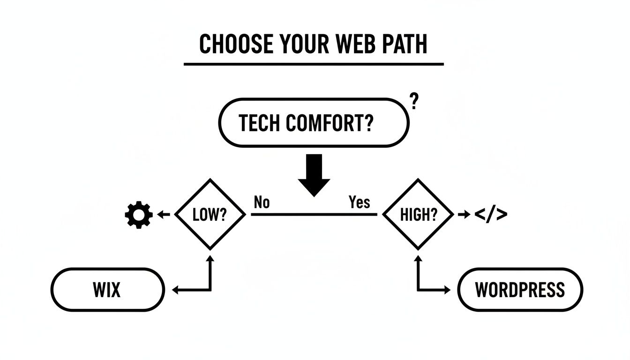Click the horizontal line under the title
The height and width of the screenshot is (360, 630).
tap(313, 64)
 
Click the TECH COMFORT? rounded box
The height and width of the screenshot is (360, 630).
tap(313, 123)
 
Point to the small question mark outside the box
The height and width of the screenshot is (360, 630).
tap(413, 101)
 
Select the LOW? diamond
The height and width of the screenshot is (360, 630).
tap(210, 215)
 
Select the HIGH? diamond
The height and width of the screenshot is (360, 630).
tap(418, 215)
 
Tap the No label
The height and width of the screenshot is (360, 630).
tap(262, 202)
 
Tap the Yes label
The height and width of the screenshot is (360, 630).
tap(360, 202)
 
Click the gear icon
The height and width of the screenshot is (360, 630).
tap(139, 215)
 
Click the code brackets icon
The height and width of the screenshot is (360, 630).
tap(491, 215)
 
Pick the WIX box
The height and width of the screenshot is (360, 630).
tap(107, 290)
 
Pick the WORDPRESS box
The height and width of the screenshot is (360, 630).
tap(520, 290)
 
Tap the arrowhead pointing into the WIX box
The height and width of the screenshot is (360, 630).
tap(176, 290)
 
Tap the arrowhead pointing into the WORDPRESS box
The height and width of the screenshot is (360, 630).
tap(446, 290)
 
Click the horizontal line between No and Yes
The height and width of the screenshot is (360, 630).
tap(314, 215)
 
